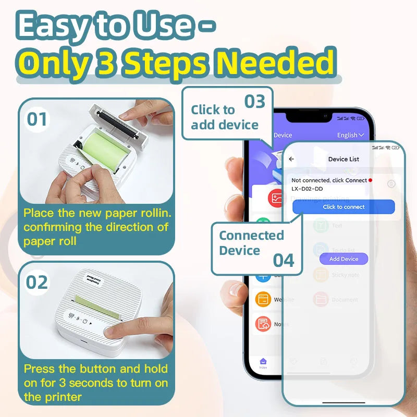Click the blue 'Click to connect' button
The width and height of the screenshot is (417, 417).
coord(344,207)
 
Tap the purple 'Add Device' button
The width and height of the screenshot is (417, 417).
coord(344,259)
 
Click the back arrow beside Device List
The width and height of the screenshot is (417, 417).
coord(291,159)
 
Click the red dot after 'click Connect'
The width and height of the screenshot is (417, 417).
coord(370,180)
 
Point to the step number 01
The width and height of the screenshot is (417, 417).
coord(37,119)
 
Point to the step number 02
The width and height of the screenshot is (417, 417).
coord(37,282)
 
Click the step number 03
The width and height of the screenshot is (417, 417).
coord(255,102)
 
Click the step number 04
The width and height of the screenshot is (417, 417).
coord(284,260)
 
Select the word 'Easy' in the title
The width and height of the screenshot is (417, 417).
coord(53,26)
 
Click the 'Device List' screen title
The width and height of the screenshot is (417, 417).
coord(344,159)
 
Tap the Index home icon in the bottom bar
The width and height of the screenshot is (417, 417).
coord(263,362)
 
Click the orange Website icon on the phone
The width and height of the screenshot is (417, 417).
coord(263,300)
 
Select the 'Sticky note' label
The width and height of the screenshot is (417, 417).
coord(345,275)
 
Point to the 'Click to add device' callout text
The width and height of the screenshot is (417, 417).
coord(224,117)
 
